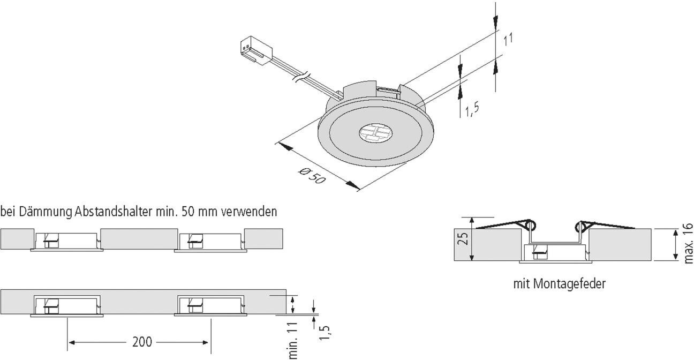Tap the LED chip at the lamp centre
(375, 133)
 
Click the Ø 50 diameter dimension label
(313, 176)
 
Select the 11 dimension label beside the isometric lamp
(508, 40)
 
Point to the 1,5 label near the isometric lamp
(472, 110)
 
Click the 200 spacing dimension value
(142, 342)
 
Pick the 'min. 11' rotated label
(293, 341)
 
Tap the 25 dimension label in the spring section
(463, 239)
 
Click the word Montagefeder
(569, 284)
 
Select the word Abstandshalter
(112, 212)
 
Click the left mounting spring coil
(530, 225)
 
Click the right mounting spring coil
(580, 227)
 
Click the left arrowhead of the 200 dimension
(72, 342)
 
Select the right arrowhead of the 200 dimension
(205, 342)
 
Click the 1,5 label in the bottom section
(325, 332)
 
